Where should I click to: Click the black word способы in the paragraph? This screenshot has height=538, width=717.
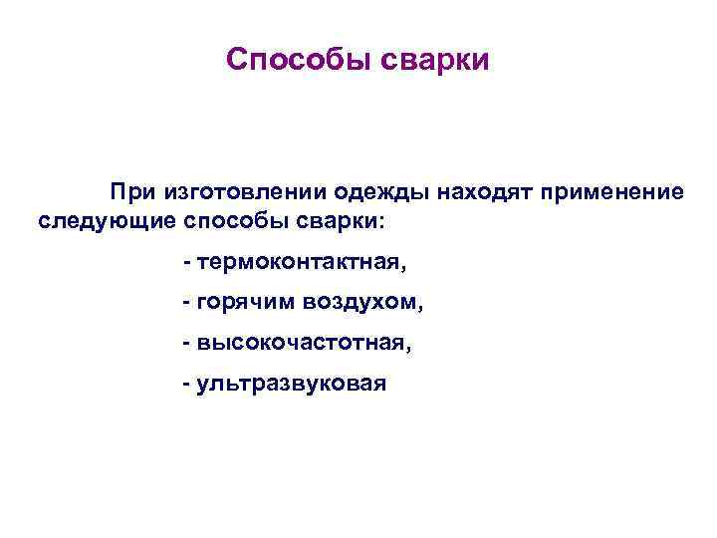217,218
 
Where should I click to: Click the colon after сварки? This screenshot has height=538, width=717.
376,220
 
